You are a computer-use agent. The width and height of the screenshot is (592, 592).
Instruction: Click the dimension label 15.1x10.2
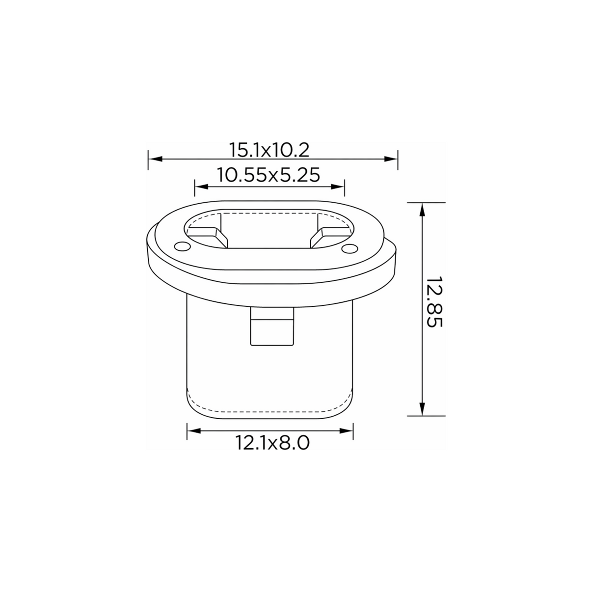[269, 150]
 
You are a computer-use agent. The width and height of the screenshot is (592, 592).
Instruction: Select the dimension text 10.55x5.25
[269, 175]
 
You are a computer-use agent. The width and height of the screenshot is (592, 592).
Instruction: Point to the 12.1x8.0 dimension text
[272, 443]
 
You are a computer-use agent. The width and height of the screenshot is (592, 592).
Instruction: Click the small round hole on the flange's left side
[182, 246]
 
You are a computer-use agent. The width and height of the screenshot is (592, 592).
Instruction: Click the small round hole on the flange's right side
[350, 248]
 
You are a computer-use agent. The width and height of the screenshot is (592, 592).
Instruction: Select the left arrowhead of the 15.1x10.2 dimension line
[155, 159]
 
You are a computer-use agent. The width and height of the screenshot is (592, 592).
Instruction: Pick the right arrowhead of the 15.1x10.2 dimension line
[391, 159]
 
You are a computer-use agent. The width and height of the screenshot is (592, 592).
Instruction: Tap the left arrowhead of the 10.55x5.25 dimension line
[202, 187]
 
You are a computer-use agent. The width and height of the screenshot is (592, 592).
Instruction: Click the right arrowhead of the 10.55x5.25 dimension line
[338, 187]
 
